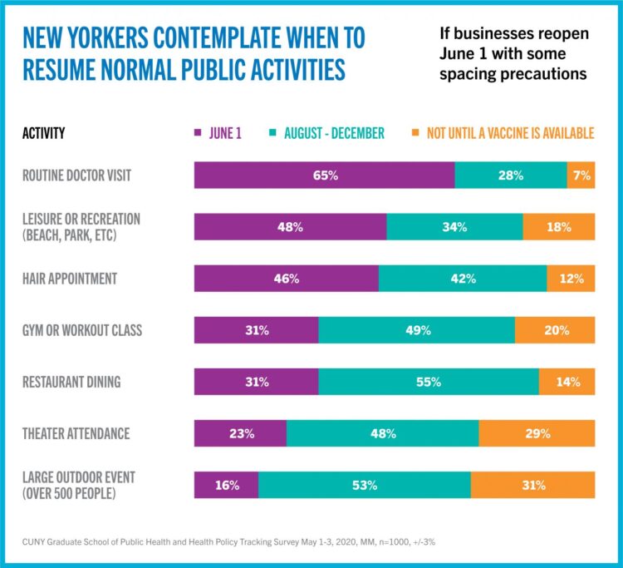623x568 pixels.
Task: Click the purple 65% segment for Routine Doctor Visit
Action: (x=324, y=175)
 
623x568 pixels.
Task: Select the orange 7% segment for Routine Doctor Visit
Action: (x=581, y=175)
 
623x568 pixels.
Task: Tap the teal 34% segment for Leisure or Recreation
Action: (x=454, y=227)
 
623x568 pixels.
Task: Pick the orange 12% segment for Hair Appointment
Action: (x=571, y=279)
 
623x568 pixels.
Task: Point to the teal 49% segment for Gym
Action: (x=416, y=330)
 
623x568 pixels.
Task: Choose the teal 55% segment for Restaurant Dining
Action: (x=428, y=382)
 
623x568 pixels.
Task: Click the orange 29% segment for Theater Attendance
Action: (x=537, y=433)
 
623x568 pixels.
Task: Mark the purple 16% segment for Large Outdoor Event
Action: (x=226, y=485)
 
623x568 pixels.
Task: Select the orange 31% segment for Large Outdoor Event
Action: (x=532, y=485)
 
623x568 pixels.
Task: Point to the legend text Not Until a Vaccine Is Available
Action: (x=510, y=133)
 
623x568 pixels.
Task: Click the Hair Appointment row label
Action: (x=70, y=279)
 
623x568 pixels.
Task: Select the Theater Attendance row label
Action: (x=76, y=433)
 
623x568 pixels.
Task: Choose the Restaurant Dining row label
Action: (x=71, y=382)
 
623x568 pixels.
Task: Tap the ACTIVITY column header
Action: (x=44, y=133)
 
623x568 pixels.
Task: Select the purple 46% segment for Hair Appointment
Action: (x=286, y=279)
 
